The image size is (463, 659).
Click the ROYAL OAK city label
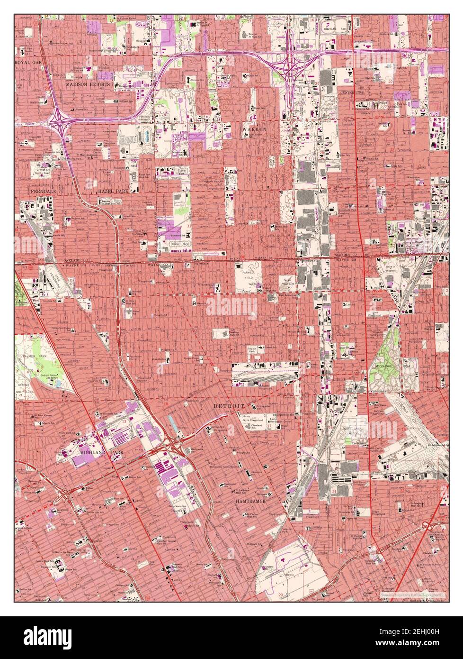[29, 63]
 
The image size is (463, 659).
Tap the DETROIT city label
[229, 406]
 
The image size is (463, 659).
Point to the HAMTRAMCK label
[254, 501]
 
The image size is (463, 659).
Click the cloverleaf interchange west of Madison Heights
[60, 122]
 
